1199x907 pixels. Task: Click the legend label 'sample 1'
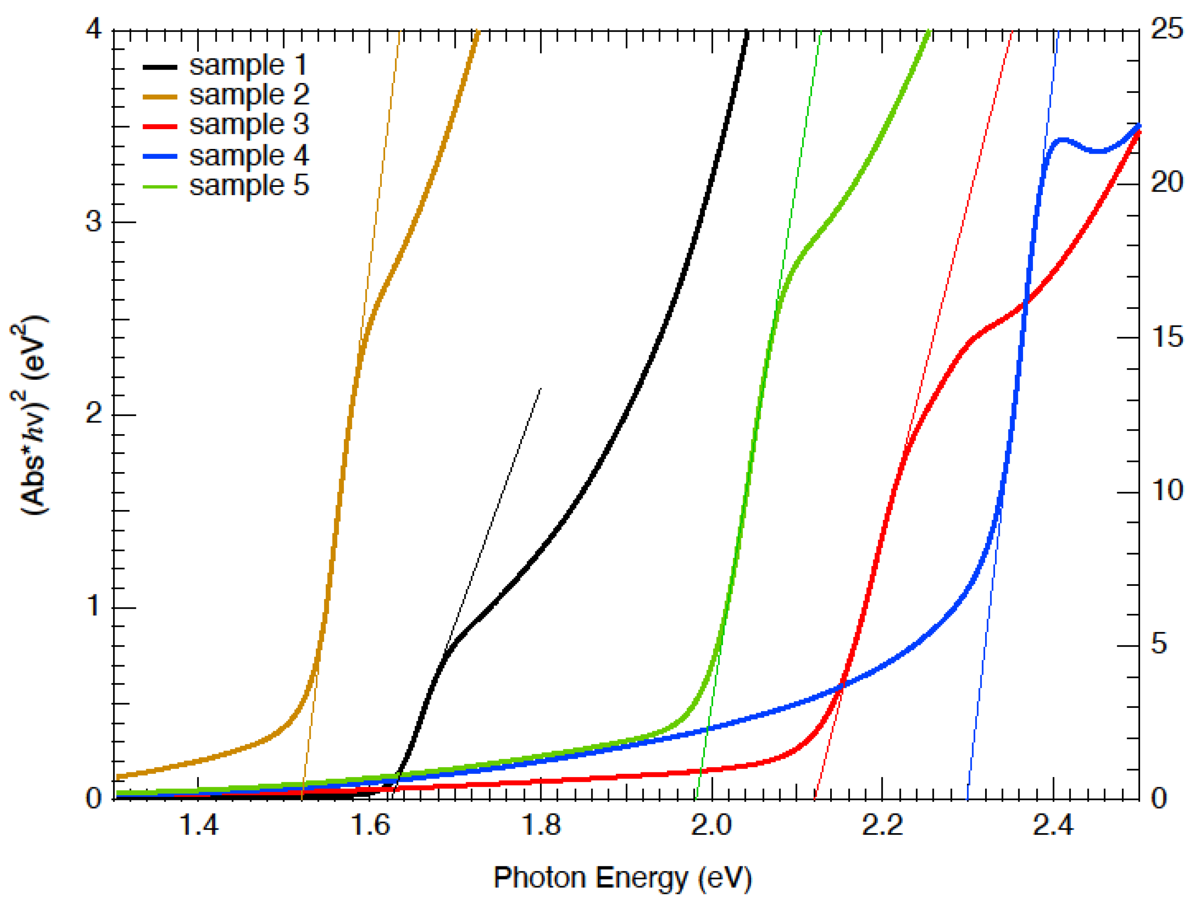(x=248, y=66)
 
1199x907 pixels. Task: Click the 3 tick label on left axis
(x=94, y=222)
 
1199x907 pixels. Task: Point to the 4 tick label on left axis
(x=94, y=29)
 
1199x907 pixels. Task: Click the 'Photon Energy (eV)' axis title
(x=622, y=878)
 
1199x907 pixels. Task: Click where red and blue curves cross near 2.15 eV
(x=842, y=685)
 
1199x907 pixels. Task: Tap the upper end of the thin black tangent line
(x=540, y=388)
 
